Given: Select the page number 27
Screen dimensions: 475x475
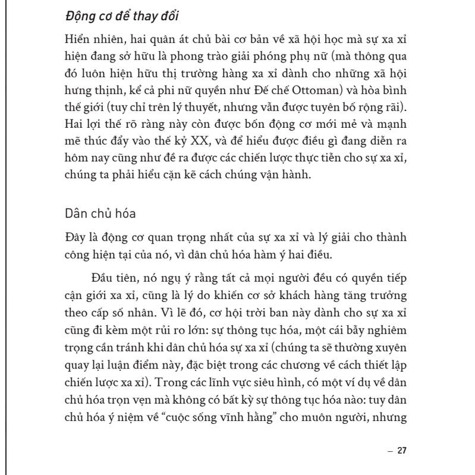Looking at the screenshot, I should (x=402, y=451).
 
